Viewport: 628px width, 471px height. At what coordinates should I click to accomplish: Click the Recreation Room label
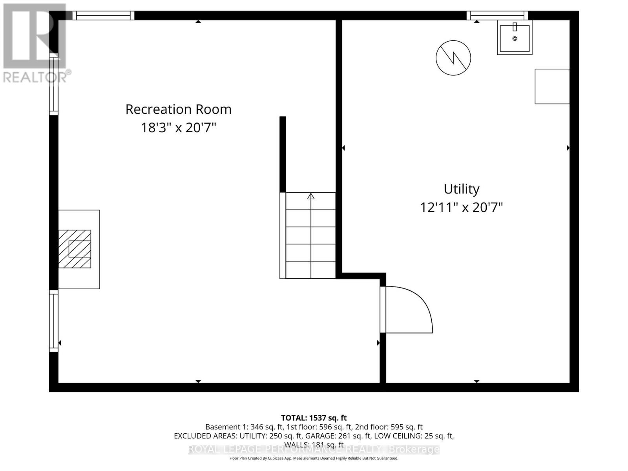tap(178, 109)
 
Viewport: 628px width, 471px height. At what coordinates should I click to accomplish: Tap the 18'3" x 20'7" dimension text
tap(179, 128)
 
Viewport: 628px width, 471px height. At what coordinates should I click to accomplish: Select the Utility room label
tap(461, 189)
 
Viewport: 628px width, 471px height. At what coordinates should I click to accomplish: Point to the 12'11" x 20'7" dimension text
tap(461, 207)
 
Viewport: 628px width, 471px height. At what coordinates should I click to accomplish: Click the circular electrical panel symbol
tap(453, 58)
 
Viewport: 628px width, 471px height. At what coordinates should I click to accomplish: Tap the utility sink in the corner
tap(515, 37)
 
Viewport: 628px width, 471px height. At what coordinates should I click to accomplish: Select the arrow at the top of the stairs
tap(311, 196)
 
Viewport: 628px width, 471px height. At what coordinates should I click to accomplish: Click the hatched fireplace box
tap(75, 249)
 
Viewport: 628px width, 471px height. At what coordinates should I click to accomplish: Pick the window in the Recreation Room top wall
tap(104, 15)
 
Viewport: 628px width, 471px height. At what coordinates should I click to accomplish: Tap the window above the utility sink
tap(497, 15)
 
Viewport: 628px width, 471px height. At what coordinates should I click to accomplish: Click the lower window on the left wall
tap(53, 321)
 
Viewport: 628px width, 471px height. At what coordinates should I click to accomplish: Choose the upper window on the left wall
tap(53, 84)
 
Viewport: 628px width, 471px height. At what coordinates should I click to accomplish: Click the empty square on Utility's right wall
tap(552, 86)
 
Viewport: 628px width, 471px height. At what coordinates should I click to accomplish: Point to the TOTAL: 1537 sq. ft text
tap(314, 418)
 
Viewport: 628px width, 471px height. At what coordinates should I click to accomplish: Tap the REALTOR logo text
tap(35, 77)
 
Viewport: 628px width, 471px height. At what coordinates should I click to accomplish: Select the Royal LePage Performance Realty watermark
tap(314, 449)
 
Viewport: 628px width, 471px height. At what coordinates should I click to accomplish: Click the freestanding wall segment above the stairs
tap(283, 154)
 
